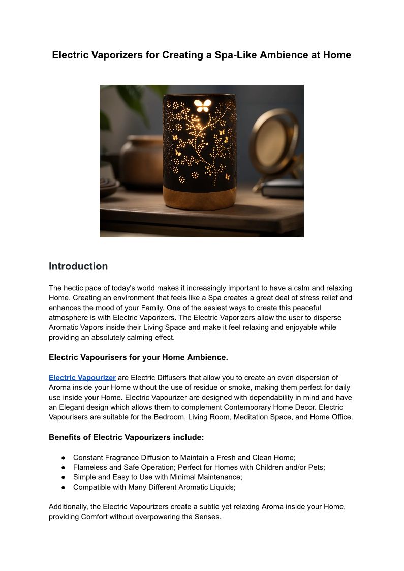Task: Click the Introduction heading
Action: click(78, 266)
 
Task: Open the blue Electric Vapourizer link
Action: click(82, 378)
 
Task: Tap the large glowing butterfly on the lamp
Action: click(203, 105)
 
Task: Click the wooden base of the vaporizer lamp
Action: click(199, 196)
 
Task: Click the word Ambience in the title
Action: click(283, 55)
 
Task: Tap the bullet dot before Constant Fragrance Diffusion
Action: click(63, 458)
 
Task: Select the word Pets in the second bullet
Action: click(315, 467)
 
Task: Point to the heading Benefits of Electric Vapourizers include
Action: click(127, 437)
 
